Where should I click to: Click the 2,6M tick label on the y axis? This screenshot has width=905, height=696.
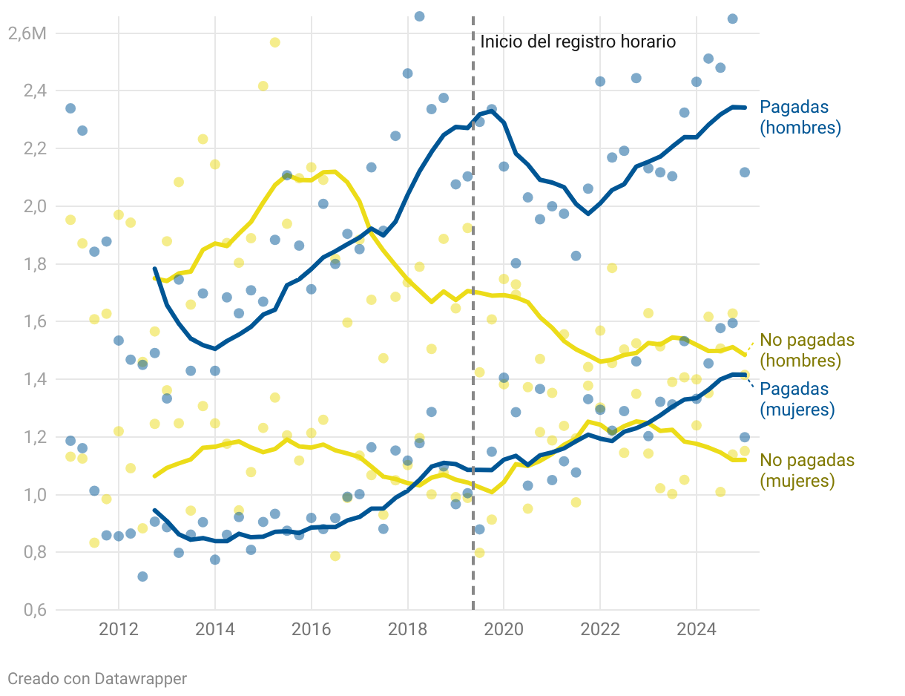coord(25,33)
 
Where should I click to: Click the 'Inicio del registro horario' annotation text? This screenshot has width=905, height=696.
coord(578,42)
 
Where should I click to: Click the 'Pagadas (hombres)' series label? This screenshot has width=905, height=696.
coord(800,117)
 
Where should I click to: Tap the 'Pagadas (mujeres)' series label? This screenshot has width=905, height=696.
coord(797,399)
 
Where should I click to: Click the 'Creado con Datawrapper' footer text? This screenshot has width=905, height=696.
coord(97,678)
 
